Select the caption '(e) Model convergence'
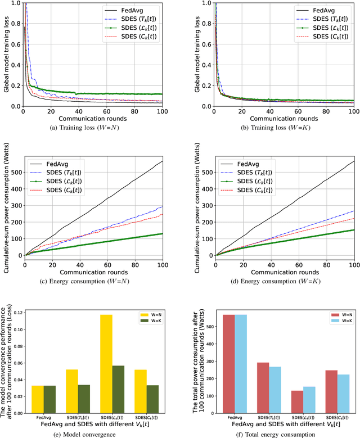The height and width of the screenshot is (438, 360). pos(93,434)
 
